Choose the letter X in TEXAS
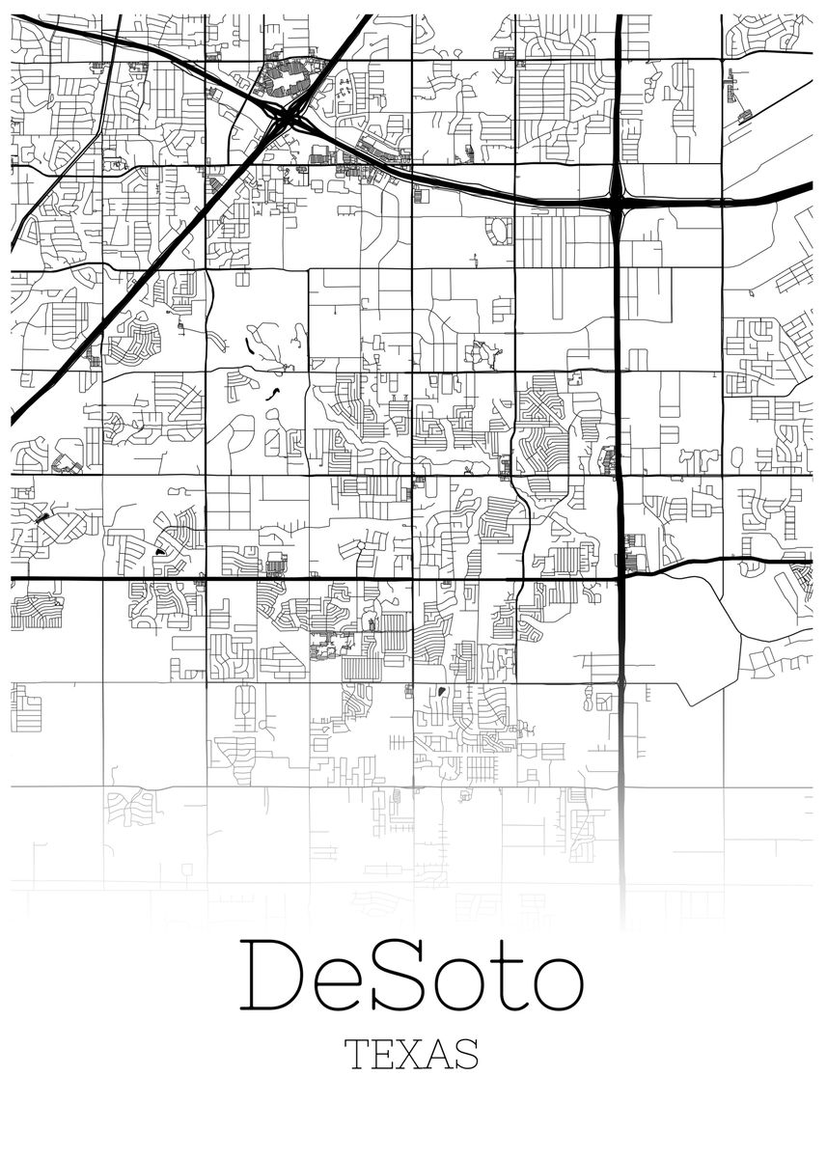click(x=401, y=1054)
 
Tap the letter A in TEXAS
click(x=432, y=1054)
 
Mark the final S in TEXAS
click(x=465, y=1054)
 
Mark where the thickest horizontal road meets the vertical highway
click(x=620, y=577)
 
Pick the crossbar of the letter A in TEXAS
click(x=432, y=1060)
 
